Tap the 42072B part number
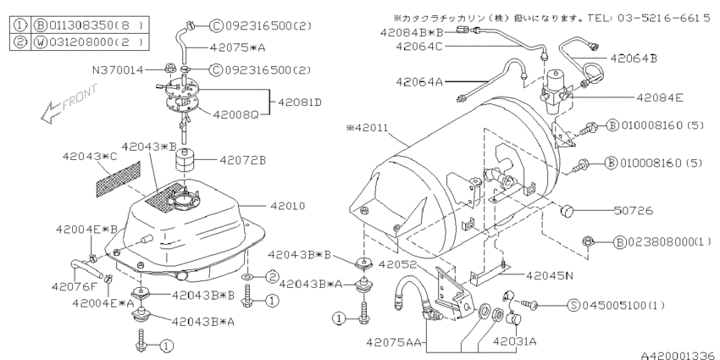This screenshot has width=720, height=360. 243,158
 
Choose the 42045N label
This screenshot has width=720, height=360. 552,275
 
